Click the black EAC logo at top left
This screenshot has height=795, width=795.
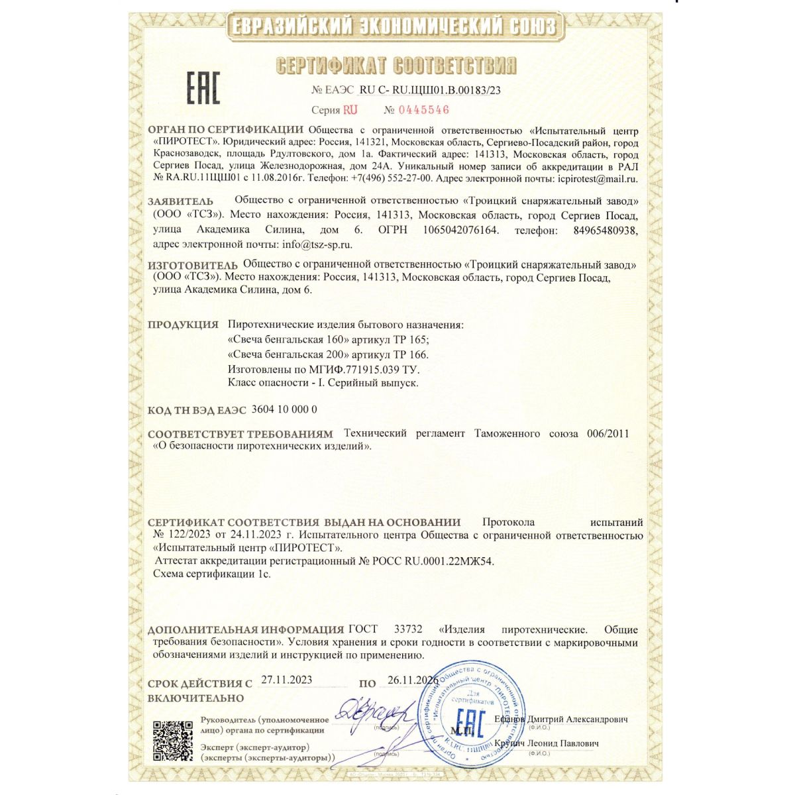pyautogui.click(x=202, y=88)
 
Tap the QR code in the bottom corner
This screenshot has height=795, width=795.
pyautogui.click(x=172, y=740)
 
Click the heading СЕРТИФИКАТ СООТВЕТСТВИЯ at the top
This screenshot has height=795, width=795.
pyautogui.click(x=396, y=66)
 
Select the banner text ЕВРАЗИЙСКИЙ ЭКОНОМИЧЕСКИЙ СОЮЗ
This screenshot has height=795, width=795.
pyautogui.click(x=395, y=26)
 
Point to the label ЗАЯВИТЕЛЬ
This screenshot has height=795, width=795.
pyautogui.click(x=180, y=201)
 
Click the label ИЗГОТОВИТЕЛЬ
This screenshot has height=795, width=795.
pyautogui.click(x=192, y=266)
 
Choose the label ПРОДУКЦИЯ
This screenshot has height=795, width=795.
pyautogui.click(x=183, y=325)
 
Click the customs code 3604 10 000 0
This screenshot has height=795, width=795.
pyautogui.click(x=284, y=409)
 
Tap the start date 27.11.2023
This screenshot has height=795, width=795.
pyautogui.click(x=286, y=680)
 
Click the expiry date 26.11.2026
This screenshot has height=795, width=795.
pyautogui.click(x=413, y=680)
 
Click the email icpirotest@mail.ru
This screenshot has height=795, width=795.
pyautogui.click(x=598, y=178)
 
